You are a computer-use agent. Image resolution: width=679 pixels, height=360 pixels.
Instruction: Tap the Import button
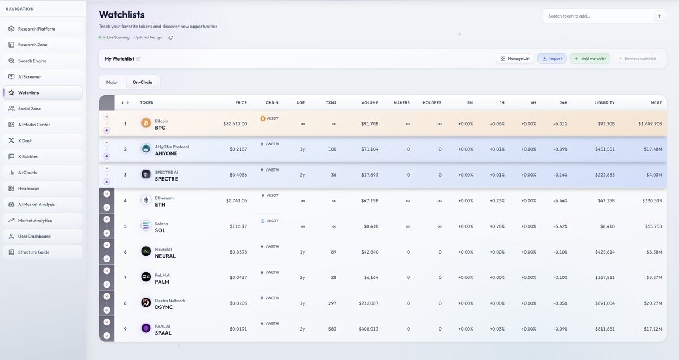552,58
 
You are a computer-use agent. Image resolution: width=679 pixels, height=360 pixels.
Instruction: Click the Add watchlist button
590,58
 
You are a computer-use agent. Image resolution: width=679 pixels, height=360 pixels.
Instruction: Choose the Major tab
112,82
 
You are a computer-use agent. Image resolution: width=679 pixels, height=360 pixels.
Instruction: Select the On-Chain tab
142,82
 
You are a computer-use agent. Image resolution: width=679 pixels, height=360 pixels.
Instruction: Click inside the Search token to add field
597,16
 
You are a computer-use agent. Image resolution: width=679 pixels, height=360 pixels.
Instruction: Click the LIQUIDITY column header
604,102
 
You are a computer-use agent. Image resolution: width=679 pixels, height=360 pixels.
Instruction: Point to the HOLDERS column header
432,102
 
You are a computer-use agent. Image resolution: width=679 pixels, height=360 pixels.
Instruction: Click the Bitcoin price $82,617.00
235,123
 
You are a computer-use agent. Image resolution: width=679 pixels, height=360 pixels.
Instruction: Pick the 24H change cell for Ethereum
561,200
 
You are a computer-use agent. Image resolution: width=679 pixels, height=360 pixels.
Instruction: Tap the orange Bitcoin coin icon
146,123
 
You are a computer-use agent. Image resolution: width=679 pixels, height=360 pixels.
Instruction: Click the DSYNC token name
164,307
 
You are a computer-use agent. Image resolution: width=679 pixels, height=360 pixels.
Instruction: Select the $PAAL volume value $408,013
368,329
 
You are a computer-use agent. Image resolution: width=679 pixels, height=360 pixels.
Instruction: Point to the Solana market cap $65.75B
653,226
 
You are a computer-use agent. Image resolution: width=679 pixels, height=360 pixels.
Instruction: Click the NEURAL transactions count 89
333,252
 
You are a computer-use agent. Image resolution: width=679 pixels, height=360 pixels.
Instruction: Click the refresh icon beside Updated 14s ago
170,37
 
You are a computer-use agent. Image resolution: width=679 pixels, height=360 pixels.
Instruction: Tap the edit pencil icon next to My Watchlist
139,58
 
